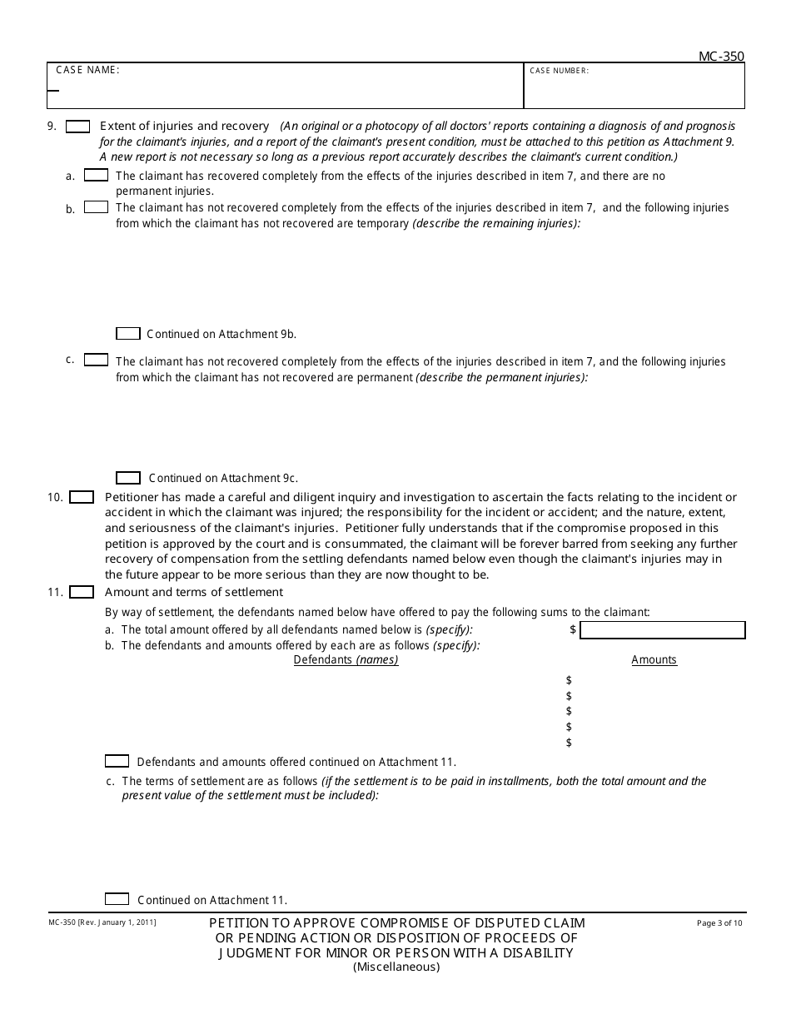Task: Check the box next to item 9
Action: click(78, 127)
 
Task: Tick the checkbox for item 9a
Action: click(97, 176)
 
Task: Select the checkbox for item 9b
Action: click(97, 207)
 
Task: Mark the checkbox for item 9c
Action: click(97, 360)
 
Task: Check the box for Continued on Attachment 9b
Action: click(128, 334)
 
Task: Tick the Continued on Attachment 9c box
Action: click(128, 478)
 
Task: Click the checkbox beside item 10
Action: click(82, 497)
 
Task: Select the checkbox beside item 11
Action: click(82, 592)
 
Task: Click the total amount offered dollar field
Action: click(662, 630)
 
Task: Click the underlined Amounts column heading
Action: click(654, 660)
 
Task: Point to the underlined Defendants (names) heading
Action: click(346, 660)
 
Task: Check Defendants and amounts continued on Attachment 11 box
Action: click(117, 761)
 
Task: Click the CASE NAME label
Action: click(87, 70)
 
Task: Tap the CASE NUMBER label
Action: click(559, 71)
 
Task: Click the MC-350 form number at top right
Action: click(720, 57)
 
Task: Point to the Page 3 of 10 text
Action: click(719, 922)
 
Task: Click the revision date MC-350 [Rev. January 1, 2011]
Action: click(101, 922)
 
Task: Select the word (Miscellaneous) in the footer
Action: click(395, 967)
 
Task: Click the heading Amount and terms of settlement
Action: click(194, 592)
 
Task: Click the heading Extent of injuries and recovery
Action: click(184, 127)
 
